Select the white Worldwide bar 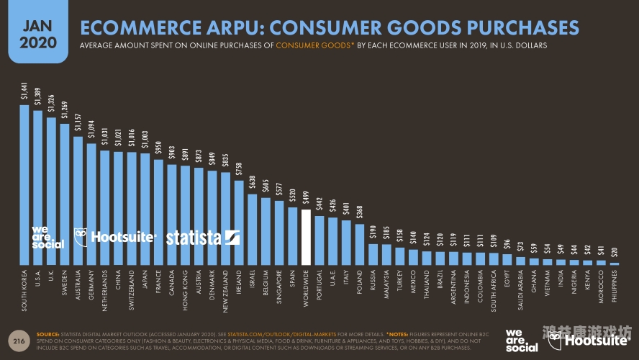306,238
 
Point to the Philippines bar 615,264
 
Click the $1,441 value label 24,93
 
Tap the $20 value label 615,252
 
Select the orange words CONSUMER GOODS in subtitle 312,45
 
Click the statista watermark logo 203,238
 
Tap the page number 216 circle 19,338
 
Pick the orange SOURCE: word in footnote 47,334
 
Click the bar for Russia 373,254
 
